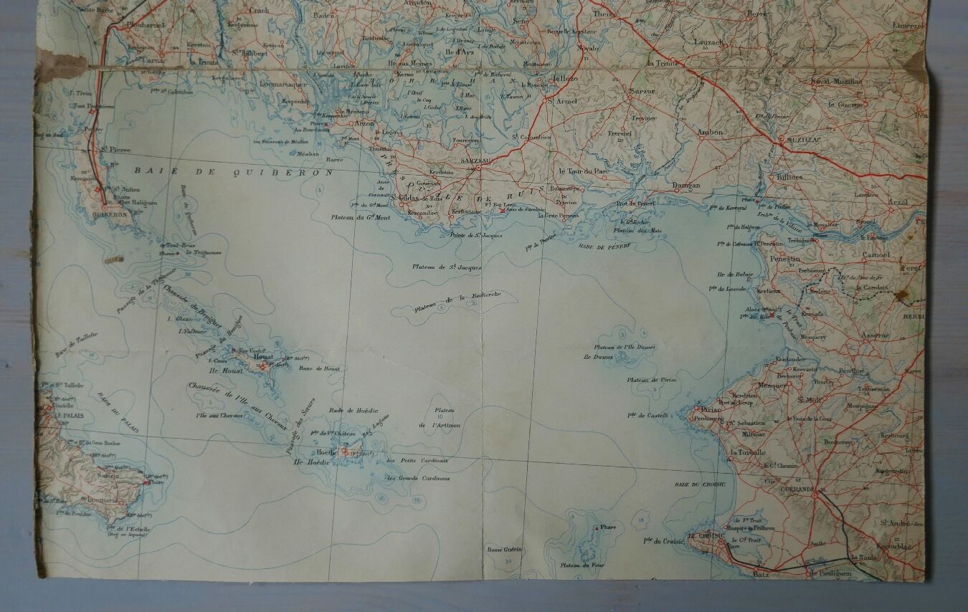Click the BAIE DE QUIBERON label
[x=234, y=172]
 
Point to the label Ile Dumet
[x=599, y=356]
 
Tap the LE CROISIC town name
[x=703, y=535]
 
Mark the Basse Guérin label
[x=505, y=550]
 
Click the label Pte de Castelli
[x=647, y=415]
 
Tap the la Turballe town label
[x=748, y=452]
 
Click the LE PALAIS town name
[x=62, y=415]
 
